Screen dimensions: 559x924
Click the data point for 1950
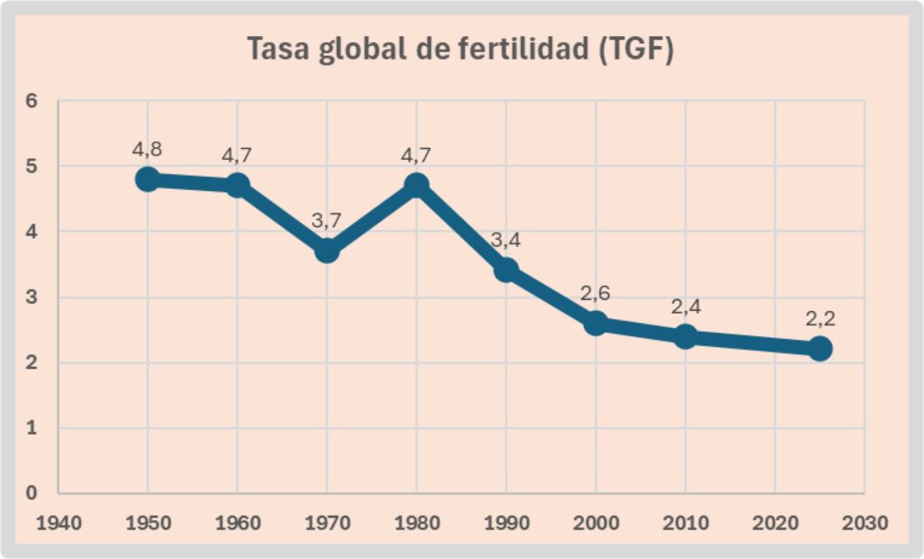click(x=147, y=179)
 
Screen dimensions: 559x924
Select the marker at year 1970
click(x=327, y=250)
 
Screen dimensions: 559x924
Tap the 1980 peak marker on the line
click(x=416, y=185)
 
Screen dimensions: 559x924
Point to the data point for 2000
click(x=596, y=323)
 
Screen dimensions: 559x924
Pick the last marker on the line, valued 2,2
click(x=819, y=348)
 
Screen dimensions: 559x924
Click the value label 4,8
click(x=147, y=149)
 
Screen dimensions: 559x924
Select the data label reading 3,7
click(x=327, y=221)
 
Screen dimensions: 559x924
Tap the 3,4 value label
click(x=506, y=241)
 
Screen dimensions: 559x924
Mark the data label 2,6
click(x=596, y=293)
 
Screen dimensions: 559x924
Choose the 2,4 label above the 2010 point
click(x=686, y=307)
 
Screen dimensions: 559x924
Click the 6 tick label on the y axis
click(x=31, y=101)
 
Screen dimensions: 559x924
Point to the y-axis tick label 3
click(x=31, y=298)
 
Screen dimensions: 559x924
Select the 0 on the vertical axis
click(x=31, y=493)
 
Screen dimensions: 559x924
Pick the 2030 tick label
click(x=864, y=521)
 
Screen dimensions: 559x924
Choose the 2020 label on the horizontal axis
click(x=775, y=521)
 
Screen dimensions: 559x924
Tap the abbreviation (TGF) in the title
click(x=636, y=50)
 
